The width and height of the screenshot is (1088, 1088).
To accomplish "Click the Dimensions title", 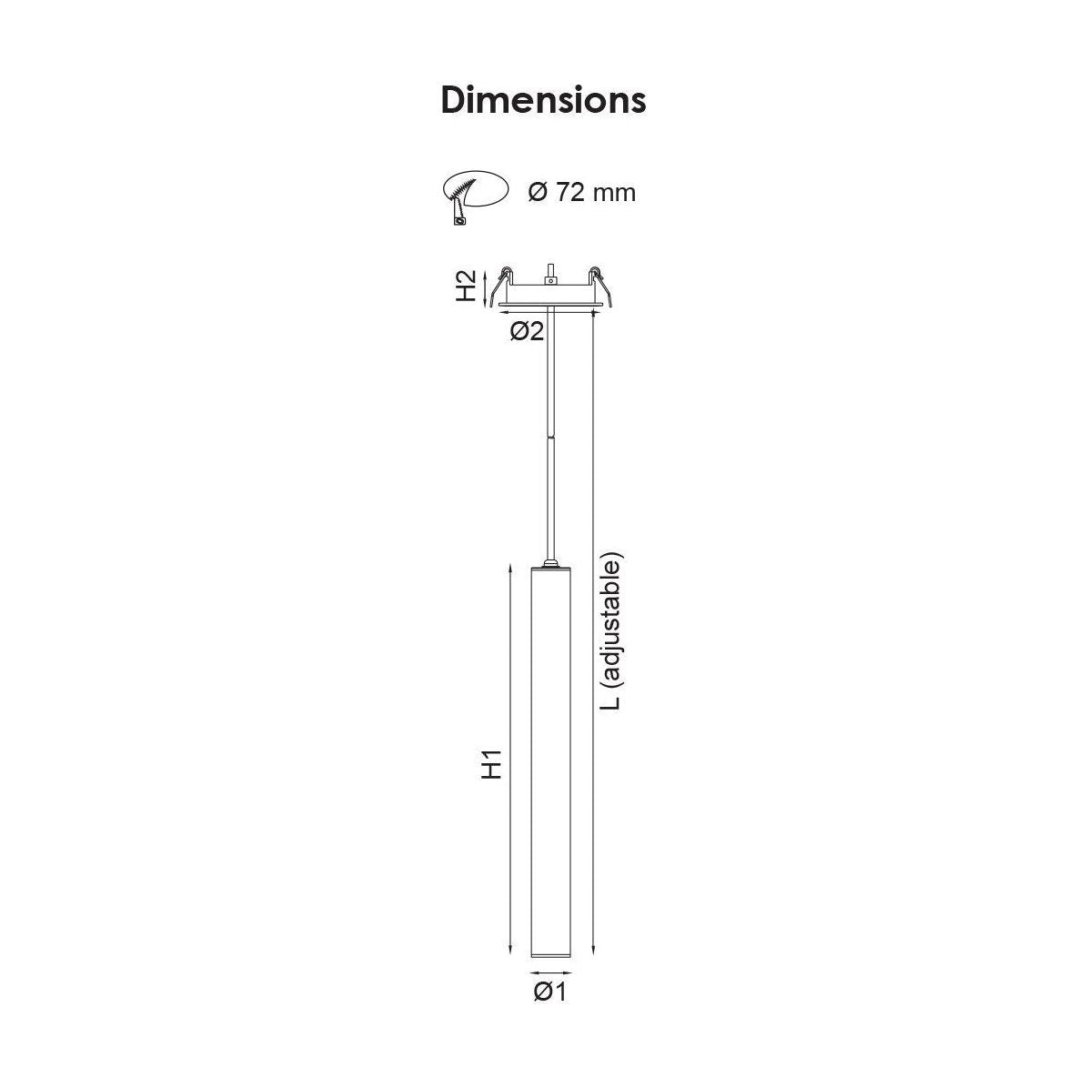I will coord(543,100).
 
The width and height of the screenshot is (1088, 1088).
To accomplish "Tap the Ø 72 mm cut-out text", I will coord(581,192).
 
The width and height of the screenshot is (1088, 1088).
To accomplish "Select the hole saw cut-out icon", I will coord(472,195).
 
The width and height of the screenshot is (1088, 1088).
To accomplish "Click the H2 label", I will coord(466,286).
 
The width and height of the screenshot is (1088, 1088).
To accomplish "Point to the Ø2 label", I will coord(527,332).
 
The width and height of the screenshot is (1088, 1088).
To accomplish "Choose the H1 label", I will coord(491,765).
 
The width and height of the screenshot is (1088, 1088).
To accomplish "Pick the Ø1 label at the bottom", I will coord(549,991).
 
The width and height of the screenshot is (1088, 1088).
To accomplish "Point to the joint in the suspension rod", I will coord(549,436).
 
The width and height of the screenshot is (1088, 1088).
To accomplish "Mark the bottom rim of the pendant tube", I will coord(549,956).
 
